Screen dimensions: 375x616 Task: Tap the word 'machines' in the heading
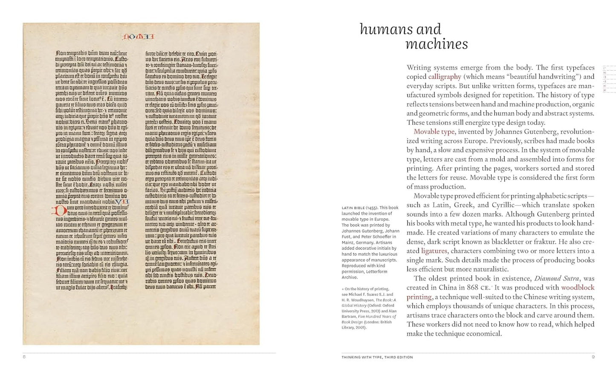pos(437,44)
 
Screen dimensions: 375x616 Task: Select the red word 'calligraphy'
pos(445,77)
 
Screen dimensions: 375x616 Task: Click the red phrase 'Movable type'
pos(434,132)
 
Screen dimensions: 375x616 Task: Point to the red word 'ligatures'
pos(434,251)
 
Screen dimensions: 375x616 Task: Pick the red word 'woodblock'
pos(578,288)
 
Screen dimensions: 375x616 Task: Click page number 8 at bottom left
pos(24,357)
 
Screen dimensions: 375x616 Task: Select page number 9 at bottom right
pos(593,357)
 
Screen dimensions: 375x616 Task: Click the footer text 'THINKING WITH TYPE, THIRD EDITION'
pos(377,357)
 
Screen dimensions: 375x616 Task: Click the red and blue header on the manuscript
pos(139,37)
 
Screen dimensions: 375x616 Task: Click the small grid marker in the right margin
pos(609,79)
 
